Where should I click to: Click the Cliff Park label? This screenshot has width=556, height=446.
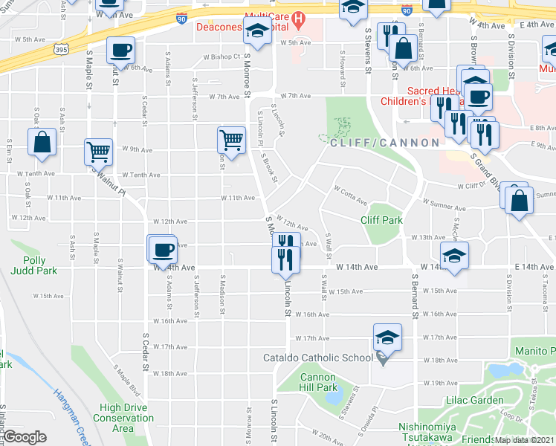click(381, 220)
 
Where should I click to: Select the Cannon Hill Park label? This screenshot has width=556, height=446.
click(319, 382)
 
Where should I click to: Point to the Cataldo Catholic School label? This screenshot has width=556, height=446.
click(318, 358)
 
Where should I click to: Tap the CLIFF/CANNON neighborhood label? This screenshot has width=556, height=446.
click(385, 142)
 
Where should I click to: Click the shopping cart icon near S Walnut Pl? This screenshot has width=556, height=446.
click(98, 151)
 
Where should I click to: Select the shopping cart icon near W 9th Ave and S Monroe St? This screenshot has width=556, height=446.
click(232, 139)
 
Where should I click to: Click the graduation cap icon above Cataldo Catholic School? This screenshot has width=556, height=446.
click(387, 337)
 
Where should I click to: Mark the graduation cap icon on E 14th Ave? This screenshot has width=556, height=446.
click(454, 255)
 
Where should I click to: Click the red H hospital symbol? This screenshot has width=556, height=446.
click(299, 17)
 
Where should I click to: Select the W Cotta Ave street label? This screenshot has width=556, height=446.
click(350, 195)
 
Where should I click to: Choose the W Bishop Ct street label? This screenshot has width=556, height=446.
click(222, 56)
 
